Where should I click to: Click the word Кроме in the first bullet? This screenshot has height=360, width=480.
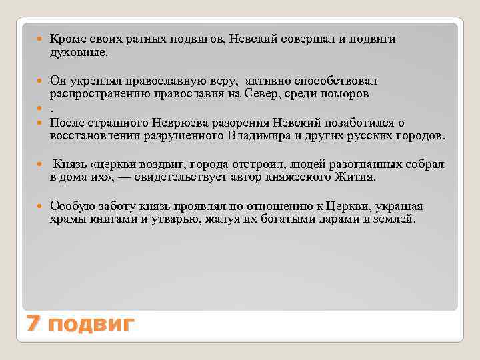coord(67,39)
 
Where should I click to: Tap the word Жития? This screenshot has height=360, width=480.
coord(360,178)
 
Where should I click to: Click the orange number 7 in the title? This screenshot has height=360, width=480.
coord(33,325)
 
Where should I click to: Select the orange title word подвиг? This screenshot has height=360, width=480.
coord(92,325)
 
